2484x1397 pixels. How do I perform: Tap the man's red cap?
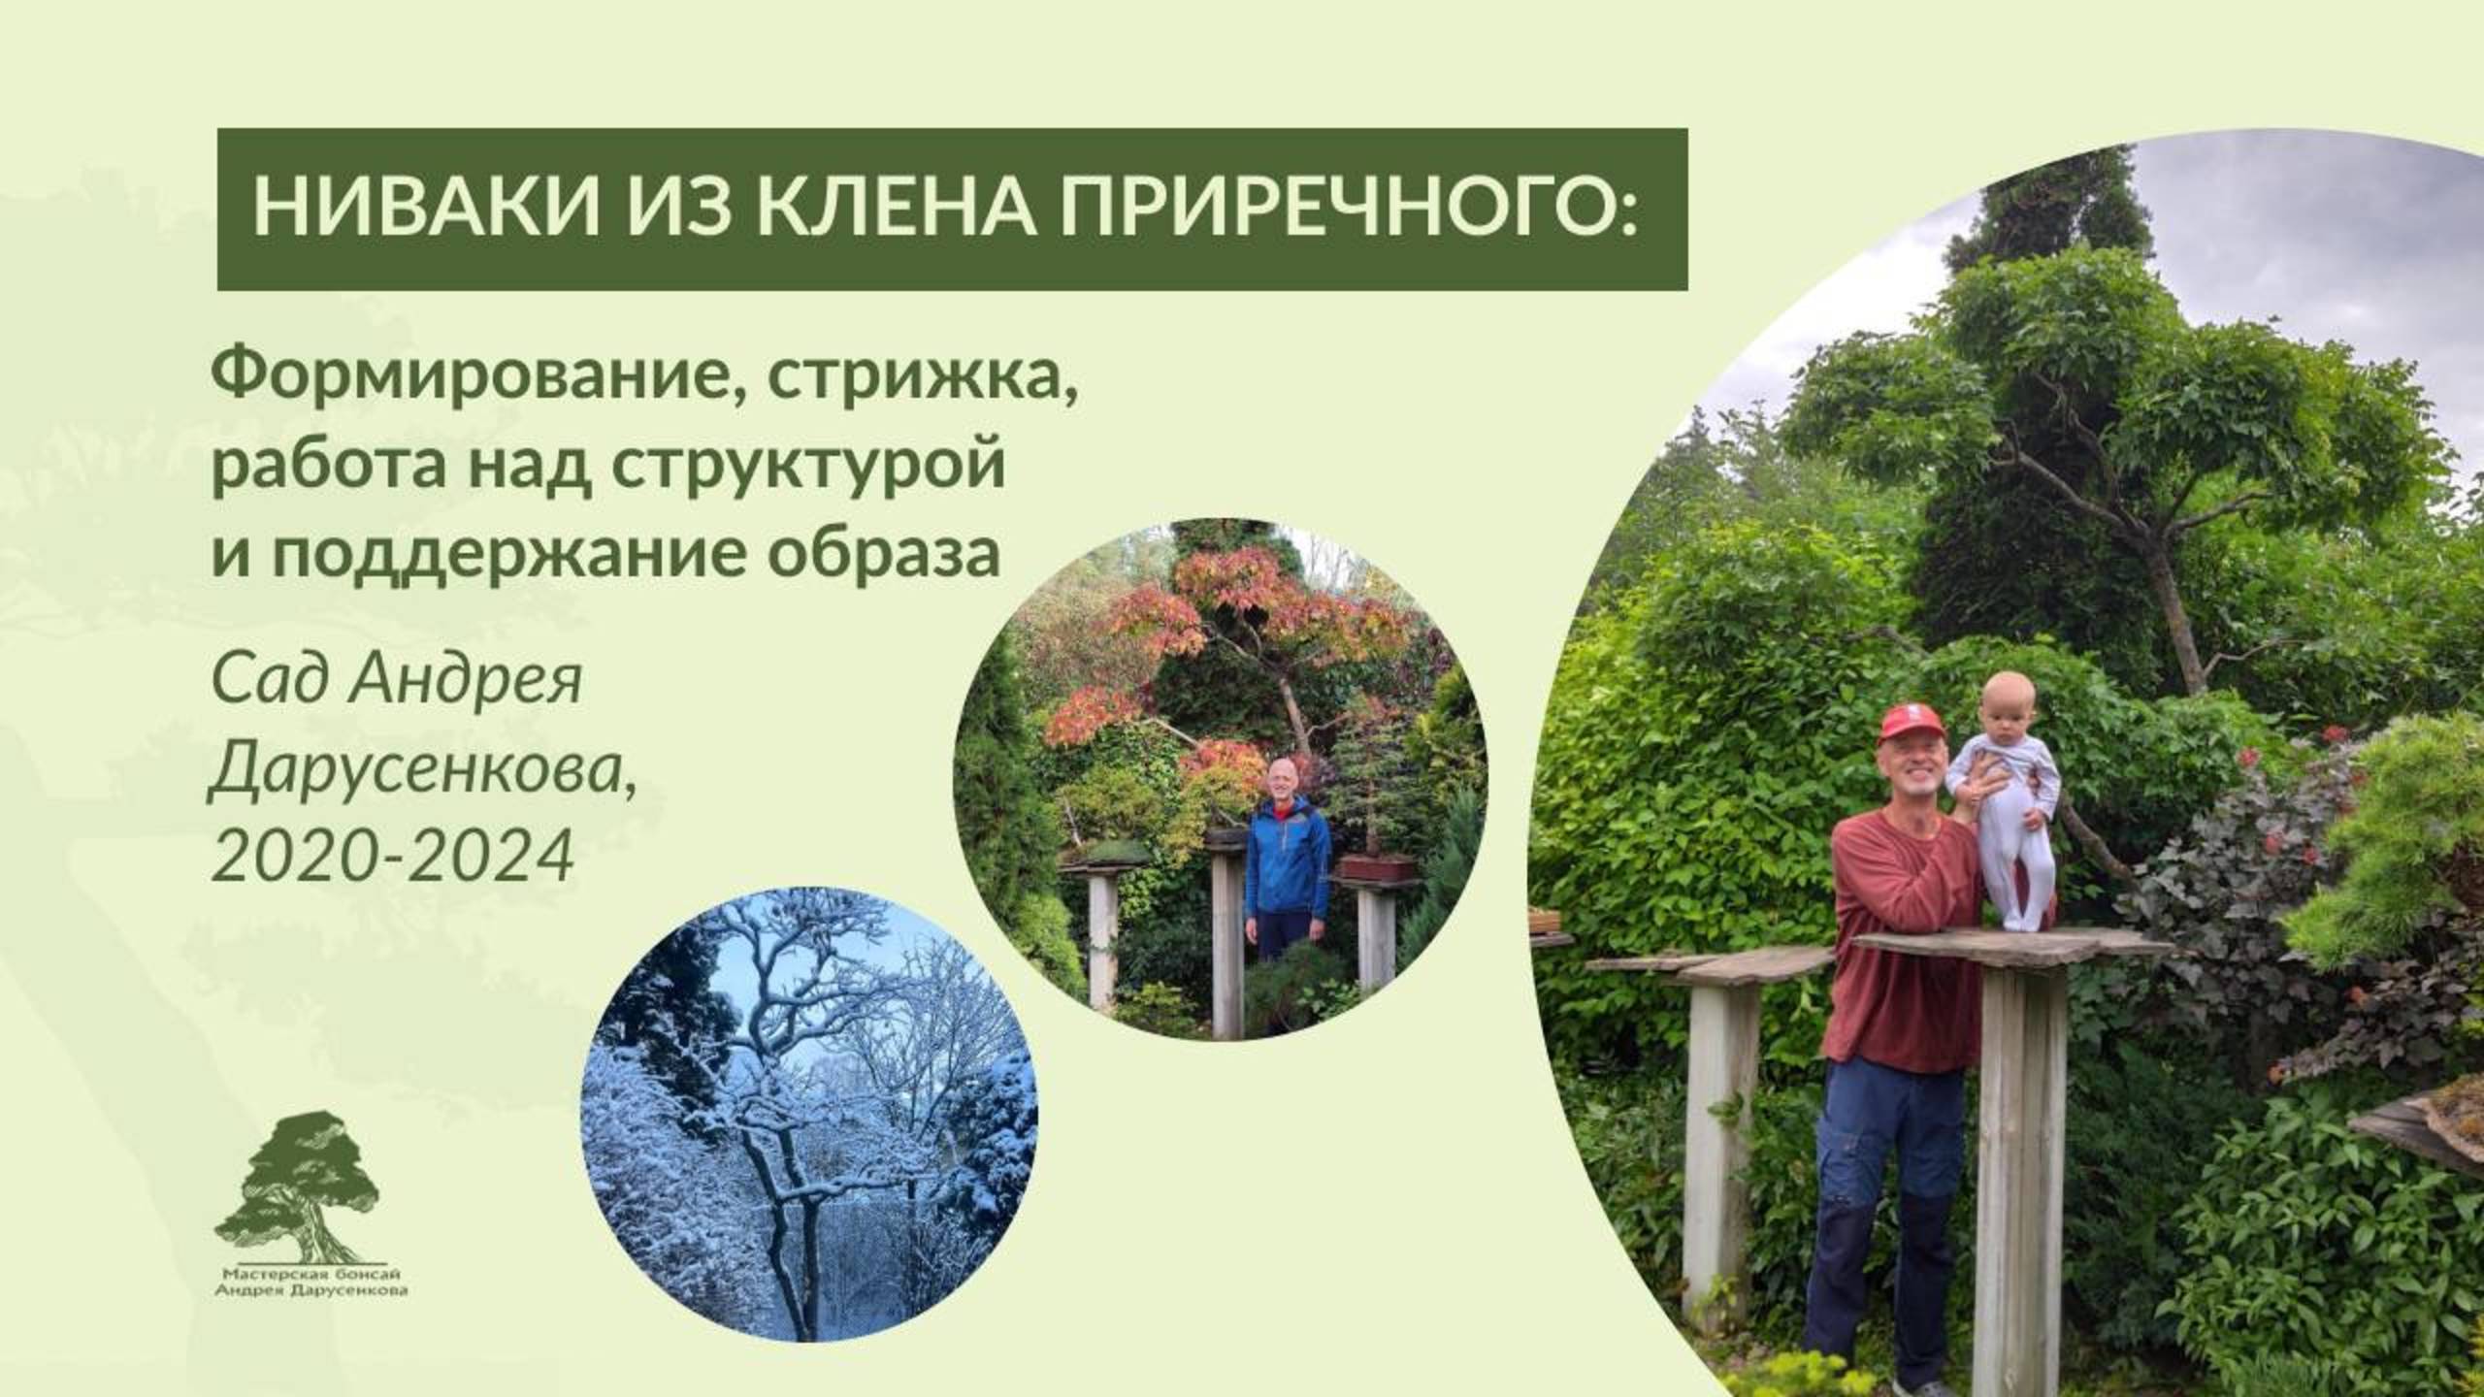1910,724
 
